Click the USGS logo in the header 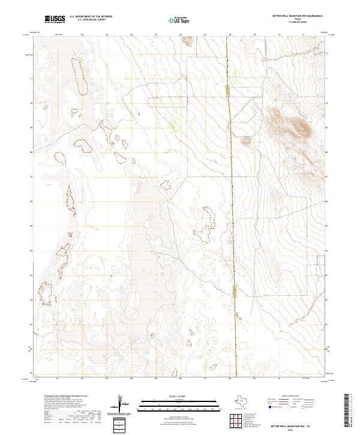pos(55,19)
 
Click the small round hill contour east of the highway pos(245,140)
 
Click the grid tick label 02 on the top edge pos(82,35)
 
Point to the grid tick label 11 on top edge pos(303,35)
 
